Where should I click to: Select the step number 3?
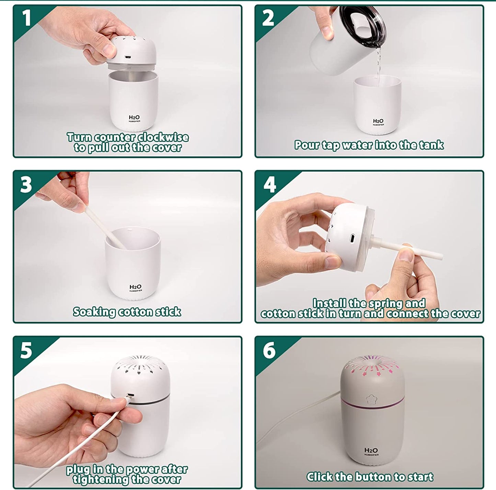tap(26, 185)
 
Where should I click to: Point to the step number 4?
tap(269, 185)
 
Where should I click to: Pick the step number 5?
tap(26, 351)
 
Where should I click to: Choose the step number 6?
tap(269, 350)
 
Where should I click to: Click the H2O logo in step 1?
tap(134, 118)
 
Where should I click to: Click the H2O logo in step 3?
tap(135, 288)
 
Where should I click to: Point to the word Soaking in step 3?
tap(94, 312)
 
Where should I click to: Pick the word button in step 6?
tap(375, 470)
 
